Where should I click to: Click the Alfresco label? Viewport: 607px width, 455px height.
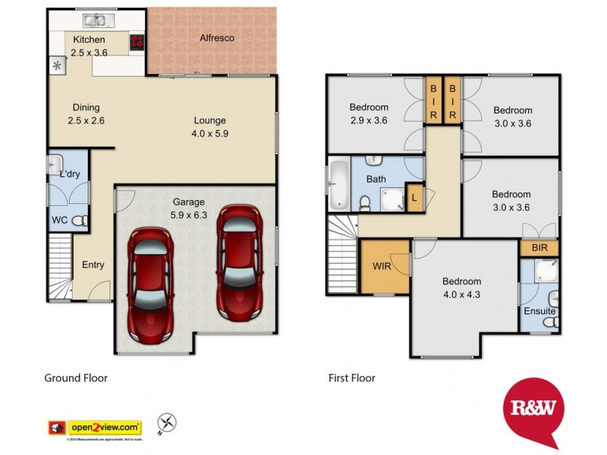216,37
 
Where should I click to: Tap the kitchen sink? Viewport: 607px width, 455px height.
96,20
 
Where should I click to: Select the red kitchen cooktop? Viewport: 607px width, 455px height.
137,42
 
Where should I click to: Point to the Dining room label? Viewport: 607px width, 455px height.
86,108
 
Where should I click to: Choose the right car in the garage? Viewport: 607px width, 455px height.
240,261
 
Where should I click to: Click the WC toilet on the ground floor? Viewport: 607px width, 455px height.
82,220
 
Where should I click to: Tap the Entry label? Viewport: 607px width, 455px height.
93,265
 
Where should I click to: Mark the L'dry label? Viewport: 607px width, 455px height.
70,175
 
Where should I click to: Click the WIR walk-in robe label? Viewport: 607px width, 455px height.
381,266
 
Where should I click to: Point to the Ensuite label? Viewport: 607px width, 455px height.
539,311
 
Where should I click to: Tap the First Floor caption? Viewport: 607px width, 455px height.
351,377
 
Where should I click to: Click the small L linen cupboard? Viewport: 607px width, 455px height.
414,198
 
